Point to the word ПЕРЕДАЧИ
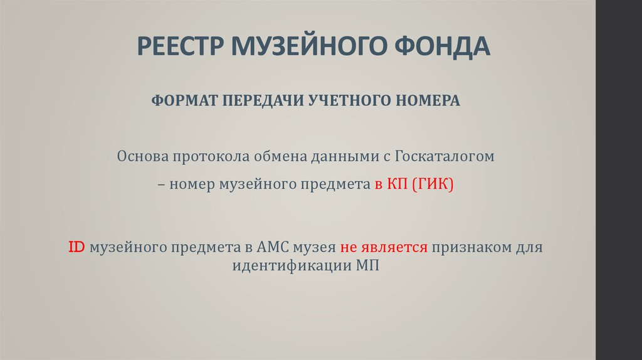coord(256,101)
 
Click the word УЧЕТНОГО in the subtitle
coord(344,101)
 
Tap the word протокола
coord(204,156)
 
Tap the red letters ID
coord(76,247)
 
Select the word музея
coord(315,247)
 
